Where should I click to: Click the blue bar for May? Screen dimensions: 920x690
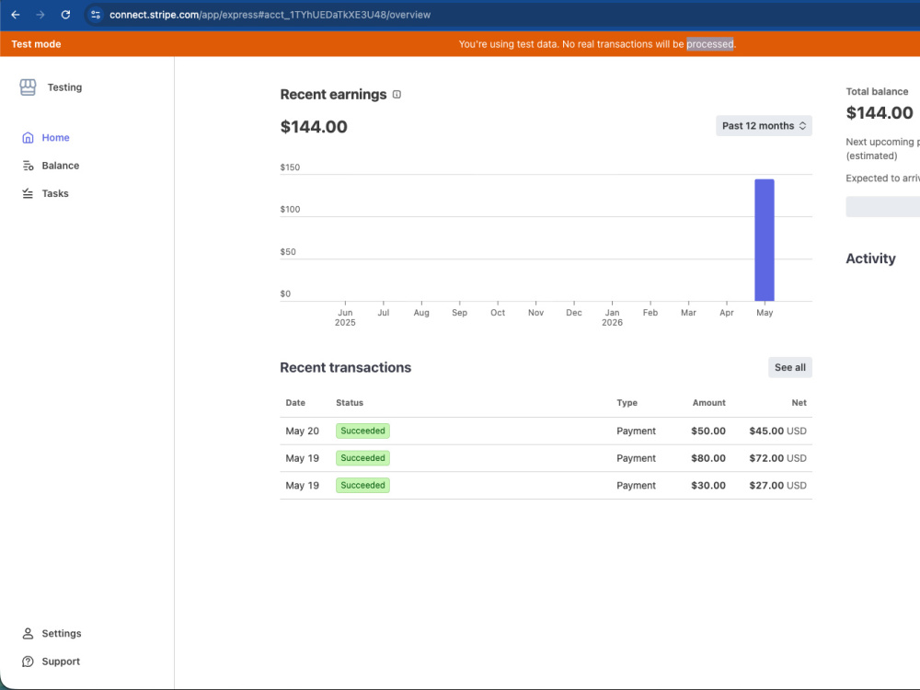(764, 240)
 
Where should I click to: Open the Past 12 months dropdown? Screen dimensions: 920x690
(764, 125)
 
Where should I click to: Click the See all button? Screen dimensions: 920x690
(789, 367)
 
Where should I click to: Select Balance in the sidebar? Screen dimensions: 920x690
(60, 166)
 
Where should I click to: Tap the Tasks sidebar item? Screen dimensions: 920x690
(54, 193)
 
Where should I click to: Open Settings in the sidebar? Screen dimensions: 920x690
(61, 634)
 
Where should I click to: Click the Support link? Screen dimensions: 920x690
(61, 661)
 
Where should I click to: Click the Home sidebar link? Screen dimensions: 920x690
(55, 137)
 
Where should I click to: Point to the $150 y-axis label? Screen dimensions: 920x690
(290, 167)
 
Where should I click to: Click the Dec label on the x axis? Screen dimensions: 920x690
(574, 313)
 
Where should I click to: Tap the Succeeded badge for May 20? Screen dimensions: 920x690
(362, 431)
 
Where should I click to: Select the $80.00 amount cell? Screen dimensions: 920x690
(708, 458)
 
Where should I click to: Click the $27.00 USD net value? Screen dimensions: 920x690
(777, 485)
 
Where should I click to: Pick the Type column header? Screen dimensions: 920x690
(627, 403)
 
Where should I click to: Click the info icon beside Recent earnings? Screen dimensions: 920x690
(397, 95)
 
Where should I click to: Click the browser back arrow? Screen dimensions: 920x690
(16, 15)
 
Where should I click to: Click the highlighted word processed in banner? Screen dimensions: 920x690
(710, 44)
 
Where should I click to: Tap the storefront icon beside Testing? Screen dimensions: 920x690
(28, 87)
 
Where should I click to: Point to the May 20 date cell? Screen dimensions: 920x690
(302, 431)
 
